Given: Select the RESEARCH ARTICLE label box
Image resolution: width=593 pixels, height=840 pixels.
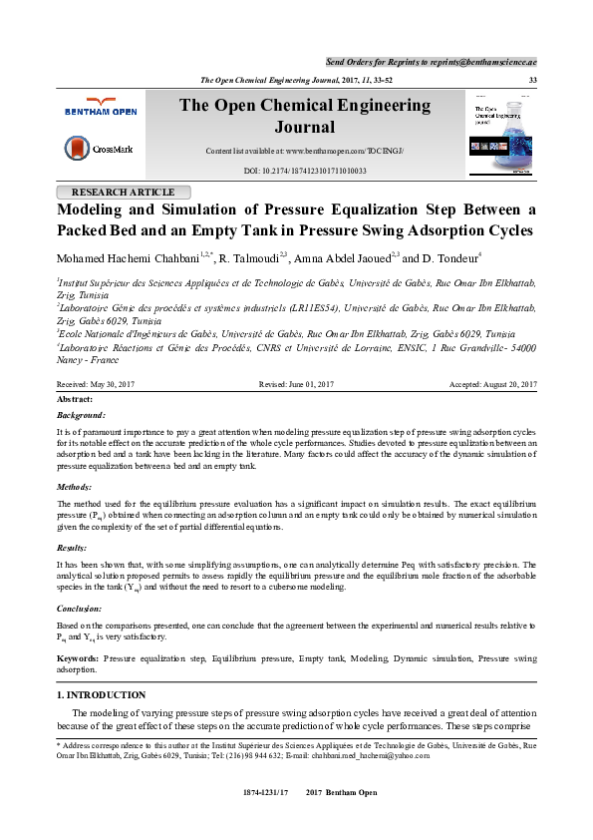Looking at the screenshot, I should coord(117,193).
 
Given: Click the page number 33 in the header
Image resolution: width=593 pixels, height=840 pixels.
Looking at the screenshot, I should coord(532,79).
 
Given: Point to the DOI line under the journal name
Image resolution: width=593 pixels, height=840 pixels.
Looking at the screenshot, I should coord(305,171).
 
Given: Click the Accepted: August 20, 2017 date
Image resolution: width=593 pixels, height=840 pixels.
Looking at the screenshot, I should coord(493,384).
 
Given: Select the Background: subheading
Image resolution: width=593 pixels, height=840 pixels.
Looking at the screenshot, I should coord(81,414).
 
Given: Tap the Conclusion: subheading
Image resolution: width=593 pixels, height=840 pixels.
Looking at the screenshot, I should coord(81,607).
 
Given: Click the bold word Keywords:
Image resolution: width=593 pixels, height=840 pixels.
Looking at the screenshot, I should coord(77,659).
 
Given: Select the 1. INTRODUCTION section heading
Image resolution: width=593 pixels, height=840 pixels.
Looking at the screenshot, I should coord(103,694).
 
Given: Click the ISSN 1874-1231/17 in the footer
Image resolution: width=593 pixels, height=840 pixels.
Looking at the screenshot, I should coord(265,791).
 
